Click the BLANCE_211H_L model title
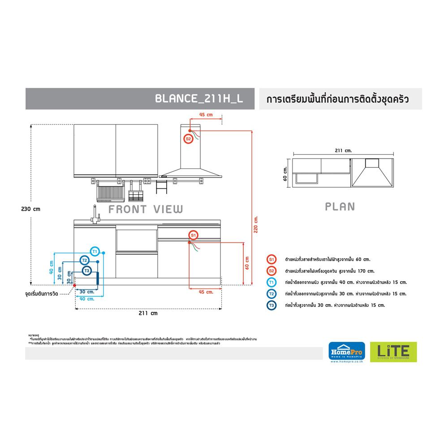198,99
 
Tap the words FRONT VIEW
146,209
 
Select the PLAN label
340,207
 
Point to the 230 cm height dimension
30,209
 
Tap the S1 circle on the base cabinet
193,235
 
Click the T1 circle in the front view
95,252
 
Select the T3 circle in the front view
87,271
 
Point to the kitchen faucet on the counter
95,214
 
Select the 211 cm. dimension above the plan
343,151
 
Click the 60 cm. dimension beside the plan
285,173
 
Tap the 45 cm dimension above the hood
206,115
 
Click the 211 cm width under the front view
148,314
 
